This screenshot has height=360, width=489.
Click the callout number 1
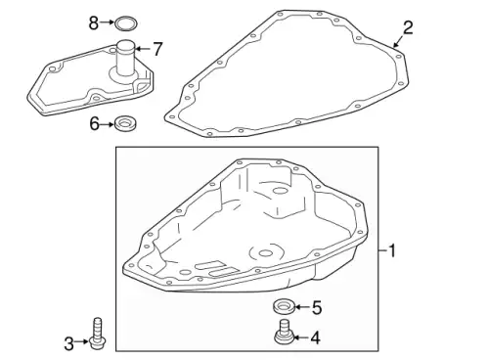(x=392, y=251)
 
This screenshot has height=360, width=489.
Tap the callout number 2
(x=408, y=27)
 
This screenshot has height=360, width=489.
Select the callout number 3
(x=69, y=342)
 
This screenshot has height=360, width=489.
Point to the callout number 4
(x=315, y=338)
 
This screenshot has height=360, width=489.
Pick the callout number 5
(x=315, y=308)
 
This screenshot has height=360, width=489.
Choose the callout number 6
(x=95, y=123)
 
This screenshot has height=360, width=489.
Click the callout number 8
(x=94, y=21)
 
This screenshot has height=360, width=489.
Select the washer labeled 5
(x=284, y=308)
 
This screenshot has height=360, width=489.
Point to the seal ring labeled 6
(x=124, y=123)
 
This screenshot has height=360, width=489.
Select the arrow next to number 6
(x=108, y=123)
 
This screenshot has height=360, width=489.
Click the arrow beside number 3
(x=83, y=342)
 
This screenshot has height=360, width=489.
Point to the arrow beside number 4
(x=301, y=338)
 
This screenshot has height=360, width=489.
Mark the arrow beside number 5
(x=301, y=308)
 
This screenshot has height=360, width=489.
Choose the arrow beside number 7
(x=143, y=47)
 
